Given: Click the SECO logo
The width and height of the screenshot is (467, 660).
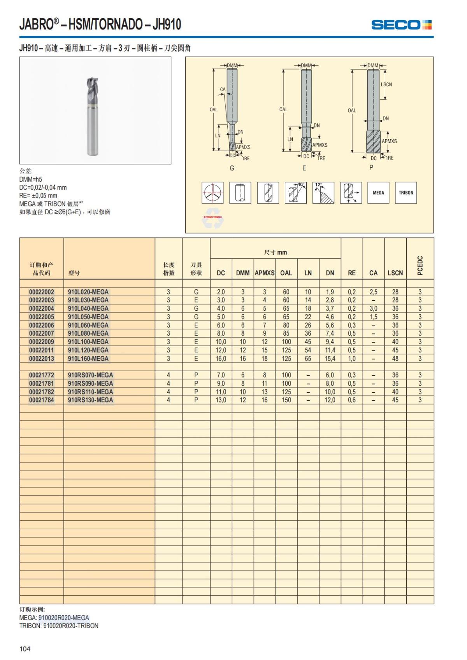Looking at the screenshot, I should [401, 25].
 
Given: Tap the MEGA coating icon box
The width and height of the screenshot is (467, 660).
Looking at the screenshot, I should [378, 193].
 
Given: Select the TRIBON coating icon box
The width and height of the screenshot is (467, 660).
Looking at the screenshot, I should [406, 193].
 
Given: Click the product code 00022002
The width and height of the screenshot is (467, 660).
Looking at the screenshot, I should [42, 292].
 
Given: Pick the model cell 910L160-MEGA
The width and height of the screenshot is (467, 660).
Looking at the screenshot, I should [88, 359].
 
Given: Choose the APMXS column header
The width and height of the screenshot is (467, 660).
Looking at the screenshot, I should [265, 273].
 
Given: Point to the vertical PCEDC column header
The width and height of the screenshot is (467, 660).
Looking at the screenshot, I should [420, 265].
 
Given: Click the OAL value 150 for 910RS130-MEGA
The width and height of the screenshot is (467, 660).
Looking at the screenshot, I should [286, 400].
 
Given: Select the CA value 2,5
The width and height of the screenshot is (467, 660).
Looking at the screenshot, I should [373, 292].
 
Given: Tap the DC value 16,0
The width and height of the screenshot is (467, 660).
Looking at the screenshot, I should [221, 359].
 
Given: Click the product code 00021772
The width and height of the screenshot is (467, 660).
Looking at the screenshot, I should [42, 375].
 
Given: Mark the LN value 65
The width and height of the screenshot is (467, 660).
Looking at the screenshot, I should [308, 359].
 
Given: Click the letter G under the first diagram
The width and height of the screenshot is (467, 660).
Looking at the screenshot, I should [232, 168].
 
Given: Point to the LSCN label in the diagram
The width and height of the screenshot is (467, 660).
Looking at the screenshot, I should [386, 84].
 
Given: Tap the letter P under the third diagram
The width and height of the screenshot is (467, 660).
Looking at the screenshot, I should [371, 167].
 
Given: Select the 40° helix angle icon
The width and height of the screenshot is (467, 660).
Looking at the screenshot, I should [296, 193].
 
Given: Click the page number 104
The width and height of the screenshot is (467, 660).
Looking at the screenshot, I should [25, 649].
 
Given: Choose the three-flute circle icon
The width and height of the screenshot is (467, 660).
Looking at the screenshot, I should [212, 193].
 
